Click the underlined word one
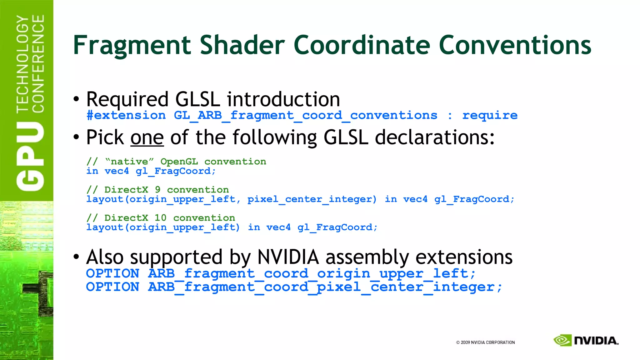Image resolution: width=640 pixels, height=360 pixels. pyautogui.click(x=147, y=138)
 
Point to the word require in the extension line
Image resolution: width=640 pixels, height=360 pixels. pyautogui.click(x=490, y=115)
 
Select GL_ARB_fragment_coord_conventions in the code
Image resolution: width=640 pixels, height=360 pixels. pyautogui.click(x=305, y=115)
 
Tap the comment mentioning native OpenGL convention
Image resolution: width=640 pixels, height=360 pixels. pyautogui.click(x=176, y=162)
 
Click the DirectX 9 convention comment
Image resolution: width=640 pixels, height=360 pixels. pyautogui.click(x=157, y=190)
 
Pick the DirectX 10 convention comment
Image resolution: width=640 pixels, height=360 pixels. pyautogui.click(x=161, y=218)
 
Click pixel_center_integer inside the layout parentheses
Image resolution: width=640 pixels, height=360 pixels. pyautogui.click(x=312, y=199)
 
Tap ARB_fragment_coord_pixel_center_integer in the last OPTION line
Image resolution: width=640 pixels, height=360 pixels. pyautogui.click(x=325, y=287)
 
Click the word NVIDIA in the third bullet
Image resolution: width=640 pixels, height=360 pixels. pyautogui.click(x=288, y=257)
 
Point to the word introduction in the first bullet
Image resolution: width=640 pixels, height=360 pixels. pyautogui.click(x=283, y=99)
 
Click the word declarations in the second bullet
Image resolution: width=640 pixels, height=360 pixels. pyautogui.click(x=434, y=138)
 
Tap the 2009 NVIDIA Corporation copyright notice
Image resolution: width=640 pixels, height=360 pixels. pyautogui.click(x=485, y=342)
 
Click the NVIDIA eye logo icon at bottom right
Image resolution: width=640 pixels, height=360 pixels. pyautogui.click(x=562, y=340)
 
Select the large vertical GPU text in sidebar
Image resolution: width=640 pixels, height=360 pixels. pyautogui.click(x=30, y=156)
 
